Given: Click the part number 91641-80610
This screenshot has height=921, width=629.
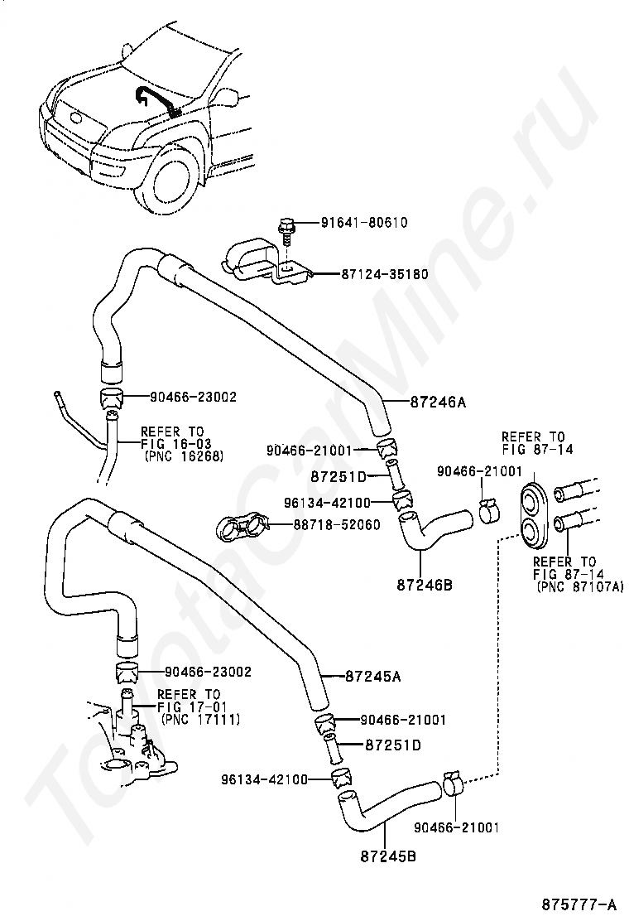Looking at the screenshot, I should [x=364, y=223].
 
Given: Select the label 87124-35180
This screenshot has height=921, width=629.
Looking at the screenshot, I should [x=385, y=274].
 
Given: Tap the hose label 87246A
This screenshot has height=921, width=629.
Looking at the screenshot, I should [x=438, y=403].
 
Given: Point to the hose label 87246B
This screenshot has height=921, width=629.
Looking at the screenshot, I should [x=424, y=586].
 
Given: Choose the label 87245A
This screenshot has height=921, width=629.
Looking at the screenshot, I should [x=372, y=677].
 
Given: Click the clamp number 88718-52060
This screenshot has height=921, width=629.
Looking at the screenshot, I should [x=338, y=525].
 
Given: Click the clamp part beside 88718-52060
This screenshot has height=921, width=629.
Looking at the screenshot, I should [x=243, y=525].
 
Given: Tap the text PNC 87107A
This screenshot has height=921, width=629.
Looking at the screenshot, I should [x=576, y=586].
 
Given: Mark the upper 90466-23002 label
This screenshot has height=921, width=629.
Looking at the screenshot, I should [x=194, y=398].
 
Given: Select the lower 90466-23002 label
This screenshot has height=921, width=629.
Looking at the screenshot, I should [x=208, y=672].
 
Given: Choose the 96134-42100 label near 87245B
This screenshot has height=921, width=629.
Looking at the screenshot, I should [x=264, y=779].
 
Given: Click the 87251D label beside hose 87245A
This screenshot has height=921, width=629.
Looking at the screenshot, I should [x=390, y=745].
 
